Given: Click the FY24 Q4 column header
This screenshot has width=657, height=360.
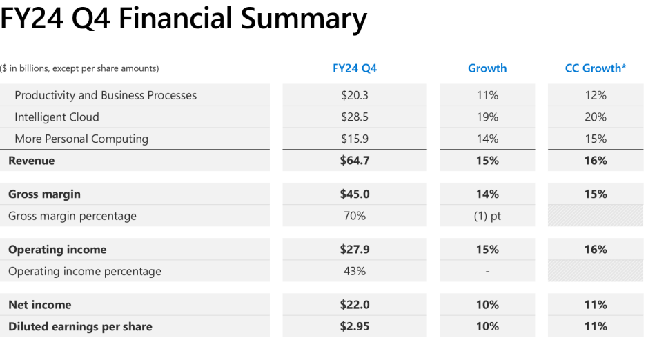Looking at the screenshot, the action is (355, 68).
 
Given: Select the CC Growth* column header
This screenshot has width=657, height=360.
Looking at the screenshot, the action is (596, 68).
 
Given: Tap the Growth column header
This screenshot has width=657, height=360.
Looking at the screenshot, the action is (487, 68).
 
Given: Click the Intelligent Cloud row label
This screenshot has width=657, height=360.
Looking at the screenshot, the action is (57, 117).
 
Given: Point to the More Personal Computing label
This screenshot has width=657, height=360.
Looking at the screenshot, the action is (81, 139).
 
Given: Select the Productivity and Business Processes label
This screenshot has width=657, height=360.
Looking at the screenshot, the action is (106, 95).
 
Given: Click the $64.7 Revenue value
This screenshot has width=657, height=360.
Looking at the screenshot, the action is (355, 161).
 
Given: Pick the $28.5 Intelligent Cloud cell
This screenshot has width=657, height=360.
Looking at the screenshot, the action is (355, 117).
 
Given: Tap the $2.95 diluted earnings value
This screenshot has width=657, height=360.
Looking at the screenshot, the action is (355, 326).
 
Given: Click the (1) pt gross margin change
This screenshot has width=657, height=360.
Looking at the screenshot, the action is (487, 216).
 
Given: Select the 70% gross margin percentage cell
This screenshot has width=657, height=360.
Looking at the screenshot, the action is (355, 216).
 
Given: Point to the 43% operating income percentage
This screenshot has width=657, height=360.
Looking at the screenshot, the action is (355, 271).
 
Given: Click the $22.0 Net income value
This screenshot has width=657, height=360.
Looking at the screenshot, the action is (355, 305).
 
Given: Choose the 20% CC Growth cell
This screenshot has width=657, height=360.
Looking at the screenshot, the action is (596, 117).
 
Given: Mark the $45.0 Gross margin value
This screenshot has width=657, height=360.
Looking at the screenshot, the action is (355, 194).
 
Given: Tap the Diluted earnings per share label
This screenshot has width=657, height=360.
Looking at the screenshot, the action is (80, 326).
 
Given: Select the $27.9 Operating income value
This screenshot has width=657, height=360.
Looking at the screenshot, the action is (355, 250).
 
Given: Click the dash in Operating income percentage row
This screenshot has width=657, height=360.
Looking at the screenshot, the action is (487, 272).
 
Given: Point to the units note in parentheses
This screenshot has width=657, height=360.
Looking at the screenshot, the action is (79, 68).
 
